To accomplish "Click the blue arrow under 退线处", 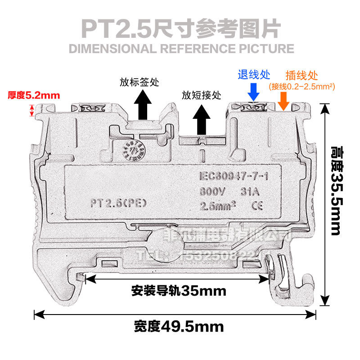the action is point(253,92).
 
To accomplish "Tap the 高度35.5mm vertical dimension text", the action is point(336,191).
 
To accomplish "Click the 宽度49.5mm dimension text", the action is point(179,325).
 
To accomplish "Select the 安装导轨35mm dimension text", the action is point(178,291).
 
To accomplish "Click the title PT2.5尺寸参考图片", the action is point(180,28).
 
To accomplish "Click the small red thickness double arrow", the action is point(31,110).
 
